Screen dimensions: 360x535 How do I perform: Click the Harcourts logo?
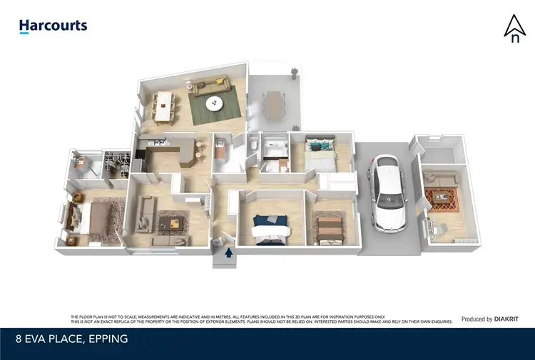[x=53, y=26]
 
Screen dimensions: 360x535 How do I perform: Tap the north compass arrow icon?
[x=514, y=29]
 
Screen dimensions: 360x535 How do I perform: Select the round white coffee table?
[x=214, y=104]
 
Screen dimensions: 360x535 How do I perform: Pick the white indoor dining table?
[x=166, y=106]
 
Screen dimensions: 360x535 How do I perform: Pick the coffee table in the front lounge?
[x=173, y=224]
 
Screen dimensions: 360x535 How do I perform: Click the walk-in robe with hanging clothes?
[x=114, y=162]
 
